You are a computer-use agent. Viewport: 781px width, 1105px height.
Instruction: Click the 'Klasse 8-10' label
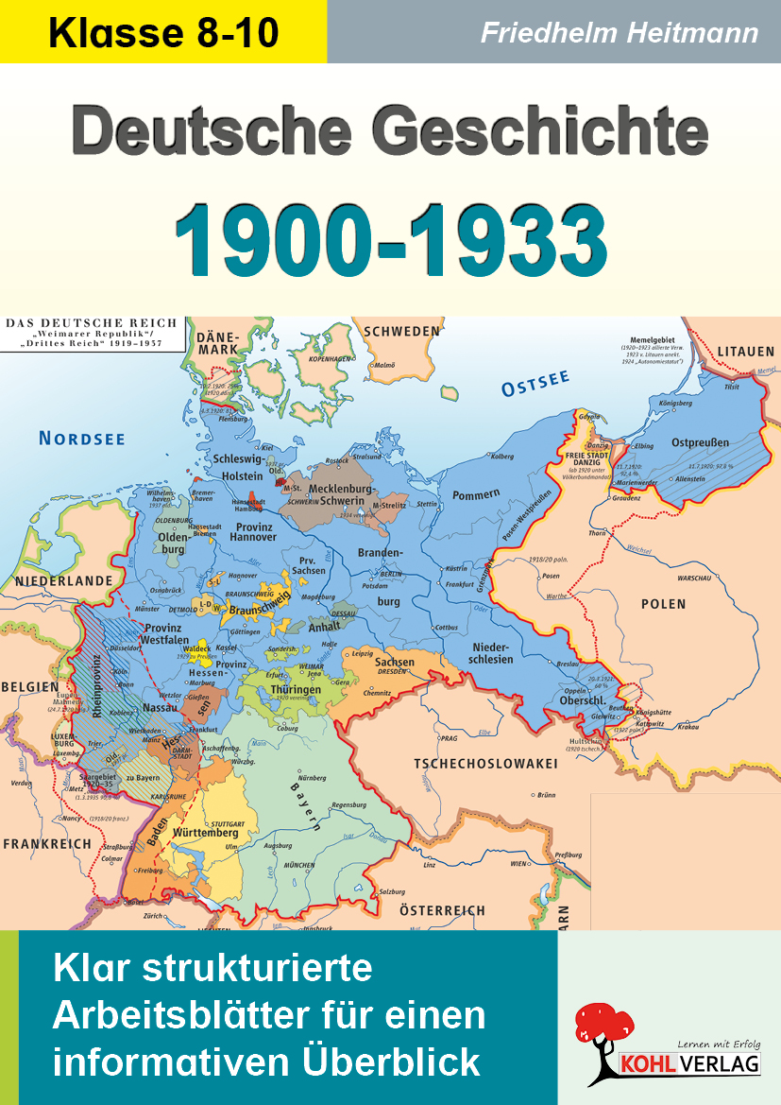[x=163, y=33]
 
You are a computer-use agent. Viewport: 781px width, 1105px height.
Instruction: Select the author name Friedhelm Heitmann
[x=619, y=33]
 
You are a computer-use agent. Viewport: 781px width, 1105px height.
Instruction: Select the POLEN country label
[x=663, y=603]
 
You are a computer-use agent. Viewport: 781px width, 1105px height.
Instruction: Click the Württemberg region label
[x=205, y=833]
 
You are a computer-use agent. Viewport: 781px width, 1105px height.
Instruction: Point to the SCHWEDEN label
[x=402, y=331]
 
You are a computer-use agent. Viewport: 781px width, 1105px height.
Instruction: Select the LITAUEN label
[x=745, y=352]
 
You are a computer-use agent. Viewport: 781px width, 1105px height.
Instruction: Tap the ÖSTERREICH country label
[x=442, y=910]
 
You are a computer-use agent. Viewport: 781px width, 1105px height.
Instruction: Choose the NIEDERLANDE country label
[x=57, y=580]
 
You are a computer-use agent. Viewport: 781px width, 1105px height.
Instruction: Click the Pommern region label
[x=475, y=494]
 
